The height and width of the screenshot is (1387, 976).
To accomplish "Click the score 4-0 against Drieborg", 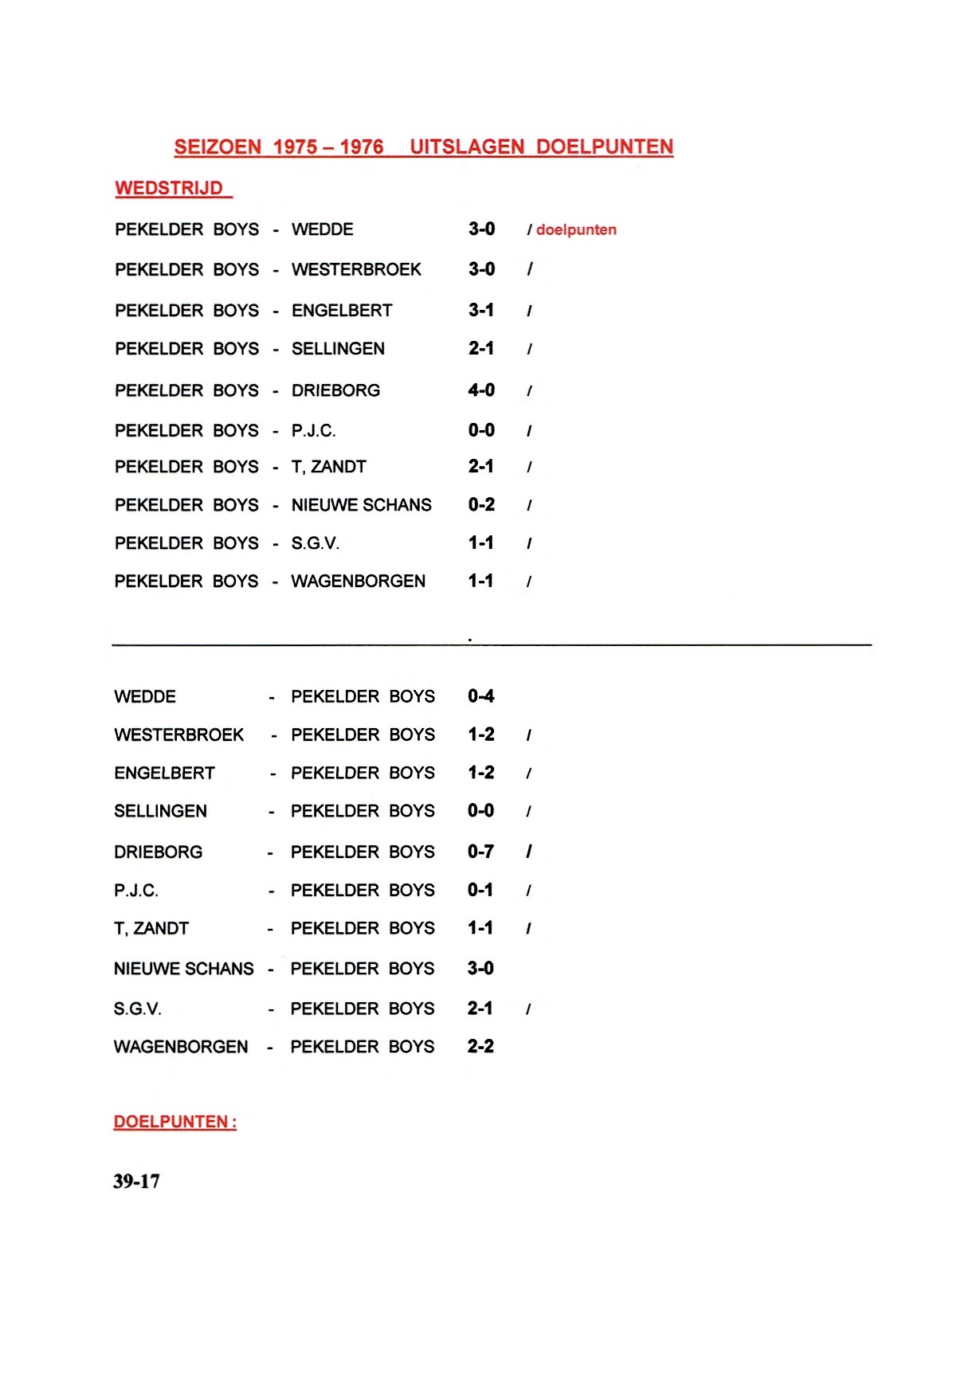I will (481, 390).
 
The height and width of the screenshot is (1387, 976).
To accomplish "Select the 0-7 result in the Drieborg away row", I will (480, 852).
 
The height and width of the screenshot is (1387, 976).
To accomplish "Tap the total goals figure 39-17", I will (136, 1181).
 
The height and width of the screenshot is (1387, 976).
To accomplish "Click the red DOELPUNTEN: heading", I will (175, 1122).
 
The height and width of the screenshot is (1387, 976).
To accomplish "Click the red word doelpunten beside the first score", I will (576, 229).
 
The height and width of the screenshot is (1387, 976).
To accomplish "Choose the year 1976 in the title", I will (362, 147).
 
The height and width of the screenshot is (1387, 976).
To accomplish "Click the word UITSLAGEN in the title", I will (467, 147).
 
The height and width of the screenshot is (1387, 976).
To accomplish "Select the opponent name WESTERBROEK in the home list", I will (356, 269).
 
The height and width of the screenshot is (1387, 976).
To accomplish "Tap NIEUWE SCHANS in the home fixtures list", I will (361, 505).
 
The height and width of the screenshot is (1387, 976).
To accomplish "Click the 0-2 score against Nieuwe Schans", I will (481, 505).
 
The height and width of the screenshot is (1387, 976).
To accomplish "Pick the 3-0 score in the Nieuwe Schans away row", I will (480, 968).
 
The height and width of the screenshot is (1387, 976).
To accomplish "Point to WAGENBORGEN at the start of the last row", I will (181, 1047).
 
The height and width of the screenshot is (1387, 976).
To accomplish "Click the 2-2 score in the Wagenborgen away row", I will (480, 1047).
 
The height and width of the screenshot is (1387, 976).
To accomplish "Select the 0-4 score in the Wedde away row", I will (480, 696).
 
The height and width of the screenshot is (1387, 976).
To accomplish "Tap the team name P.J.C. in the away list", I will (136, 890).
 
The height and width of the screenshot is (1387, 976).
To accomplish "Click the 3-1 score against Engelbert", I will (481, 310).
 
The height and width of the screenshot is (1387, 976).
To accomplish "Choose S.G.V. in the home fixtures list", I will (316, 543).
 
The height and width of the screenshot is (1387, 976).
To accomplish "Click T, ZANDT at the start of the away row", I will (151, 928).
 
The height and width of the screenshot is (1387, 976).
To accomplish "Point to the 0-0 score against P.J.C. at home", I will (481, 430).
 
